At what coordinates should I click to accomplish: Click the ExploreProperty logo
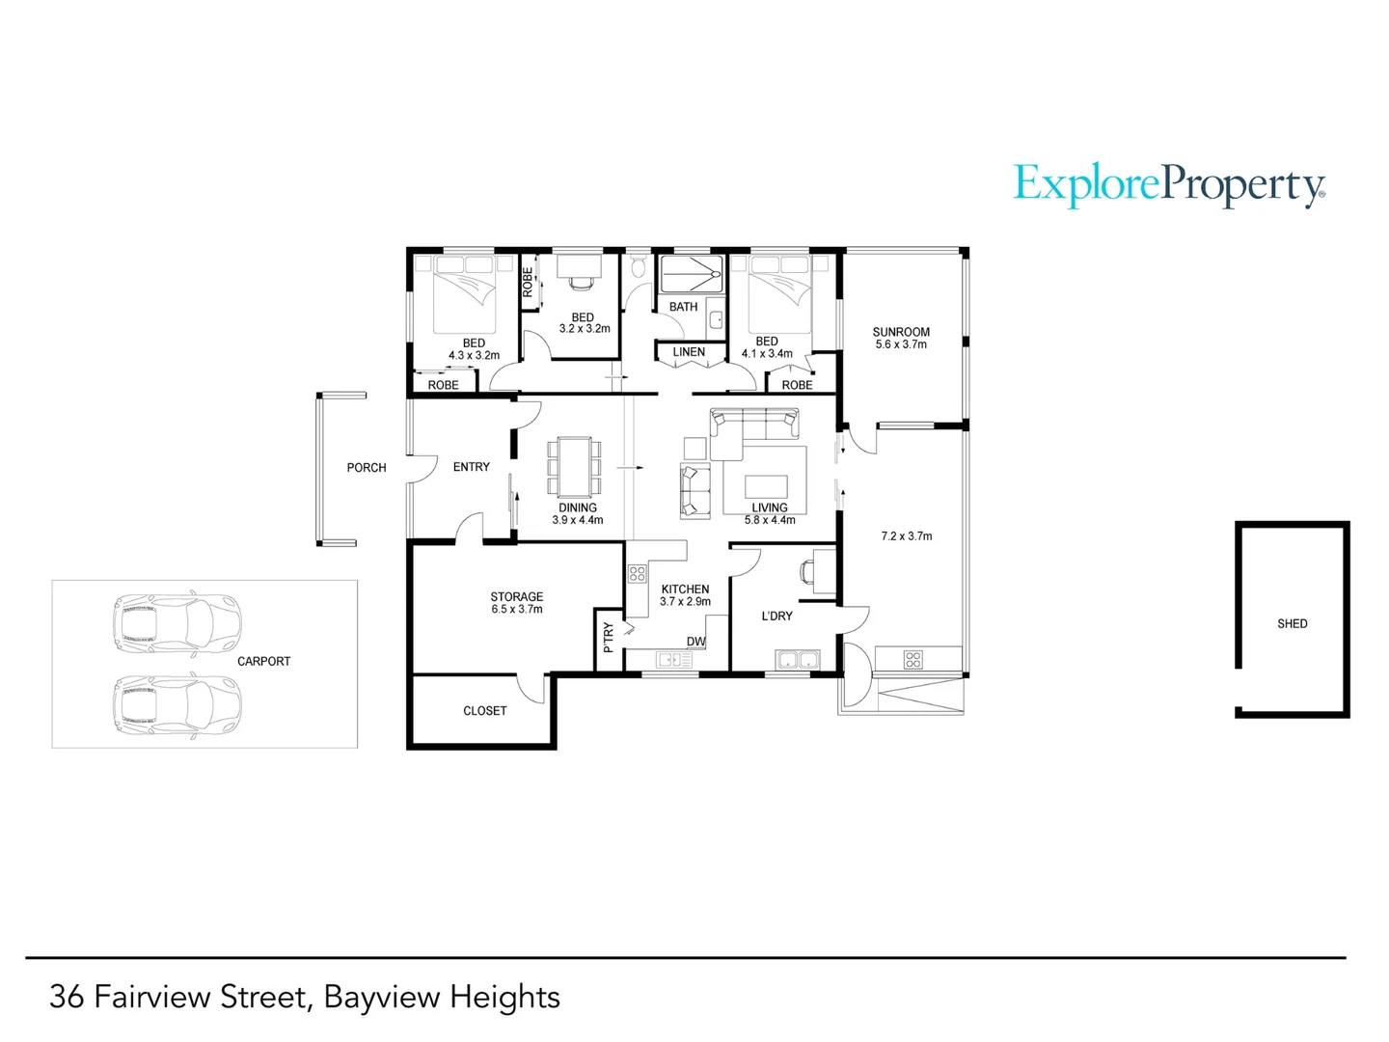tap(1169, 185)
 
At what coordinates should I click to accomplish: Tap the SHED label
tap(1292, 624)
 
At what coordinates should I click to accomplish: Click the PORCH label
tap(367, 468)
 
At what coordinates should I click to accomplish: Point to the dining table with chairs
tap(576, 467)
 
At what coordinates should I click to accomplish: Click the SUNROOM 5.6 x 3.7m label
tap(901, 338)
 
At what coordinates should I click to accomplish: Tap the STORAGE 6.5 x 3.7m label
tap(516, 603)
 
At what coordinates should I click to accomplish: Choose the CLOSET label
tap(484, 711)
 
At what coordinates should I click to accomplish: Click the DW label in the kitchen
tap(695, 642)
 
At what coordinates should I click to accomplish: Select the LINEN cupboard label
tap(689, 352)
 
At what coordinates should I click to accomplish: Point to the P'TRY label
tap(608, 638)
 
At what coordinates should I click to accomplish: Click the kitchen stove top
tap(637, 574)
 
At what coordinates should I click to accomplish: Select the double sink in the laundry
tap(796, 661)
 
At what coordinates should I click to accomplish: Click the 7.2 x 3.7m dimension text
tap(906, 536)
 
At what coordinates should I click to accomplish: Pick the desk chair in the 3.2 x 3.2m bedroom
tap(580, 281)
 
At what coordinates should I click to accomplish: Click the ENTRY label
tap(472, 467)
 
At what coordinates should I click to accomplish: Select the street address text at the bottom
tap(305, 997)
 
